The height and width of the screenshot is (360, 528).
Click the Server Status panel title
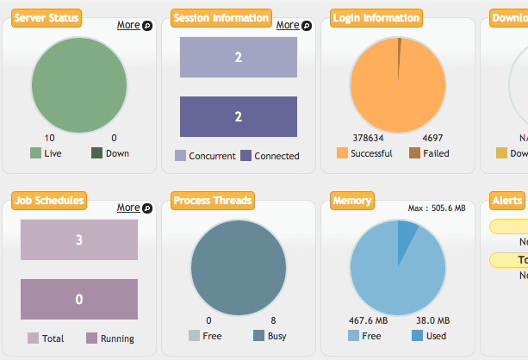[x=47, y=18]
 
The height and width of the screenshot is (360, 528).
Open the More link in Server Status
[x=128, y=25]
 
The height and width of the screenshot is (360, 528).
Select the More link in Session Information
[x=288, y=25]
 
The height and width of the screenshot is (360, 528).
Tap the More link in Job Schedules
[x=128, y=208]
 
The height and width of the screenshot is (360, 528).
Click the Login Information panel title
[x=376, y=18]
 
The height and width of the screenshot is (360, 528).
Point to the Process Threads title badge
[x=212, y=201]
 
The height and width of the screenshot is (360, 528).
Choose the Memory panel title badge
[x=351, y=201]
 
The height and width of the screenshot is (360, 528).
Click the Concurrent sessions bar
[x=239, y=58]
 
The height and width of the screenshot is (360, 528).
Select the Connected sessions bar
[x=239, y=116]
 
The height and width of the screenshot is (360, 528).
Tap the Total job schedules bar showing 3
[x=79, y=239]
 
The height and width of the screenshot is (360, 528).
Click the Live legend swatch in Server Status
[x=35, y=153]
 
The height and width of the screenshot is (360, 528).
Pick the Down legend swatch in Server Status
[x=97, y=153]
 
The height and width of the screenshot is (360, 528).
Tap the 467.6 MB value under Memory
[x=367, y=320]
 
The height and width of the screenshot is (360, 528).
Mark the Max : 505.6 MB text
[x=437, y=208]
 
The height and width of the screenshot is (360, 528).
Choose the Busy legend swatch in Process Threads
[x=258, y=336]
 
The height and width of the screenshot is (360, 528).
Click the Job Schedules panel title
[x=49, y=201]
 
